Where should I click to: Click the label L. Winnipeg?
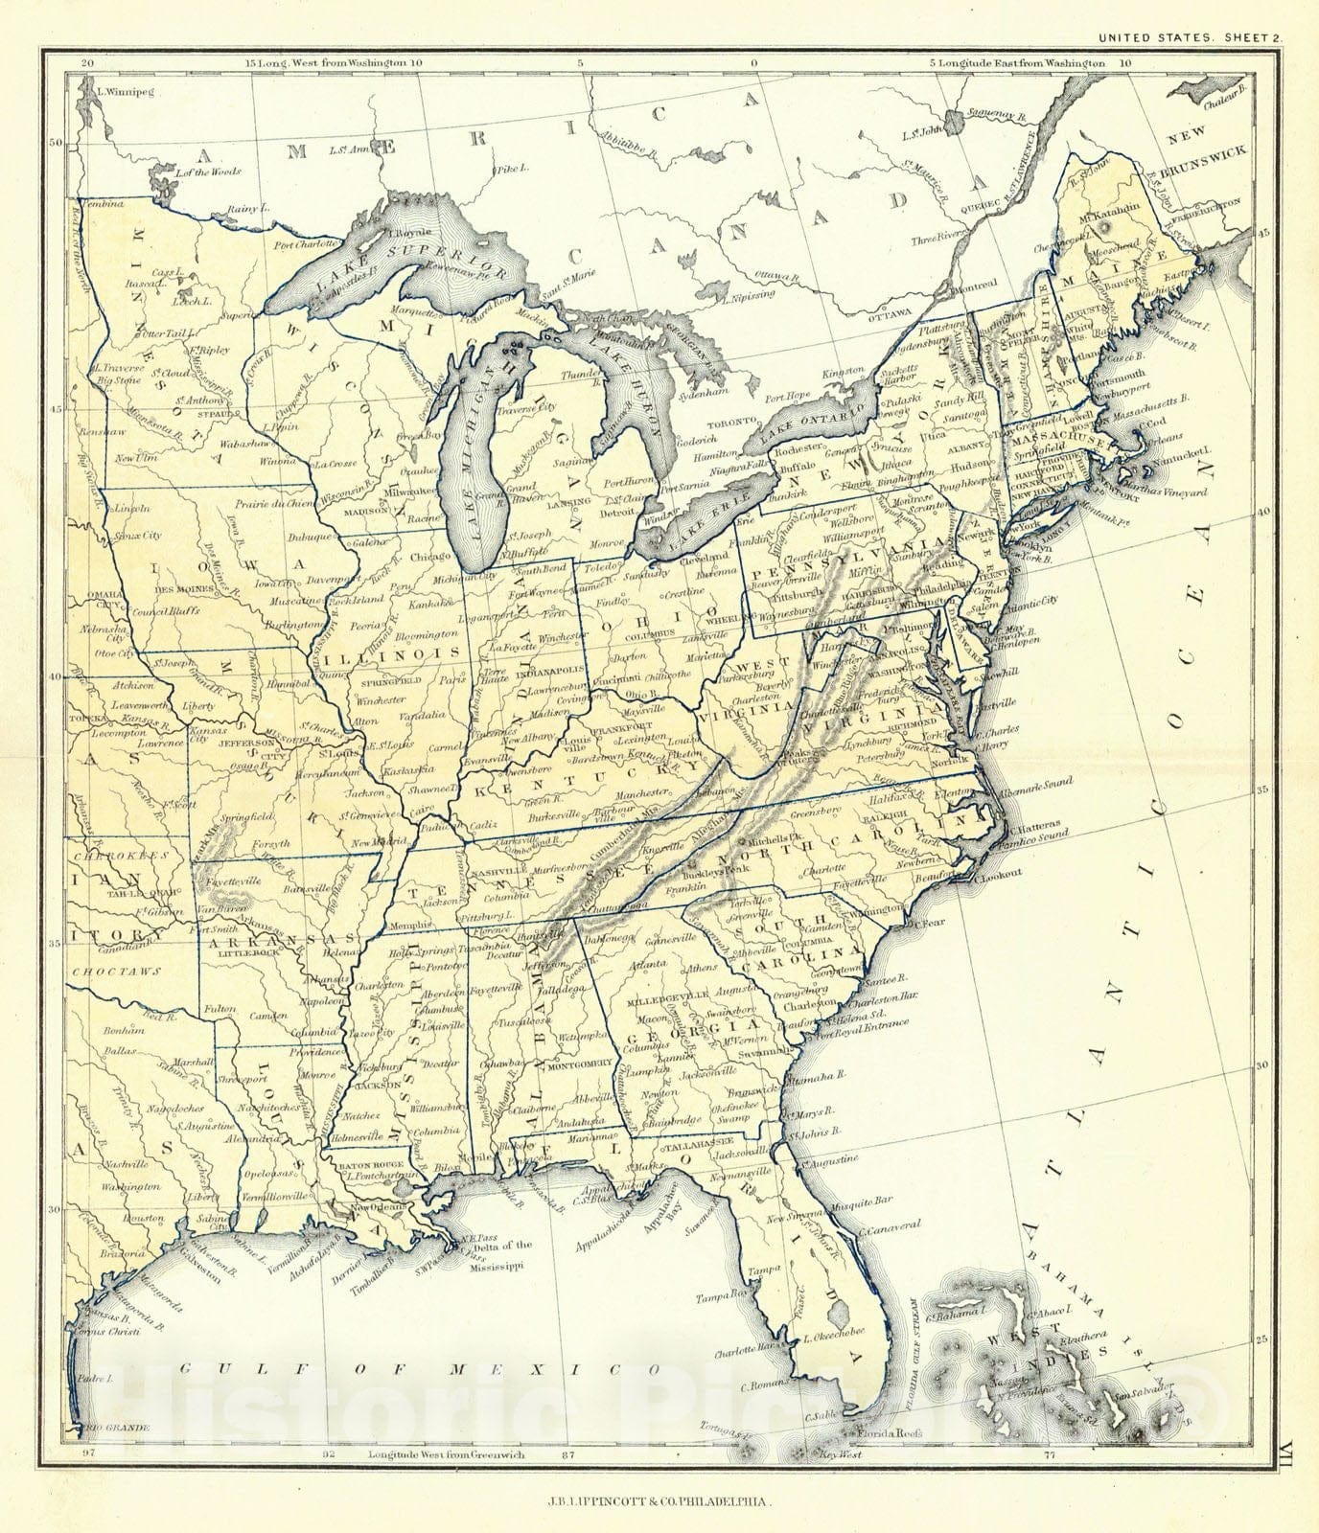coord(127,93)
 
